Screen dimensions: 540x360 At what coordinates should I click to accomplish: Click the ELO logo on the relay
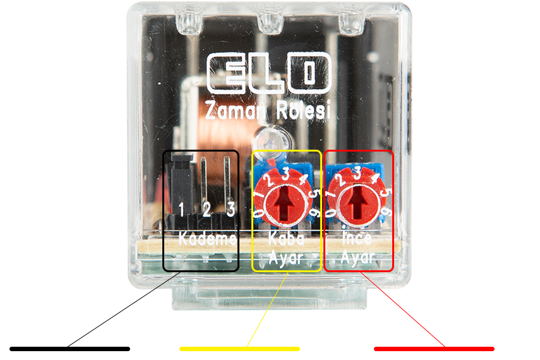coord(269,73)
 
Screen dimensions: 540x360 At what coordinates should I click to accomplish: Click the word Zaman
coord(234,110)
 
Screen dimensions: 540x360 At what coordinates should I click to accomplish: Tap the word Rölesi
coord(303,110)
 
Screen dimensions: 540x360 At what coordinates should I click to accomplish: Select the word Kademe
coord(207,238)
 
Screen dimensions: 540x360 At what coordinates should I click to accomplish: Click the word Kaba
coord(287,238)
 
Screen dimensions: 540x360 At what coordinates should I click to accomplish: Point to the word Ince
coord(357,238)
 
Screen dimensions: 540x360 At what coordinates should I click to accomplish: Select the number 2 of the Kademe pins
coord(207,209)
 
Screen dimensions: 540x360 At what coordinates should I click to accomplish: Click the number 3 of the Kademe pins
coord(231,208)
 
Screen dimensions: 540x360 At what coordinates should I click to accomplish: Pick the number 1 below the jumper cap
coord(181,209)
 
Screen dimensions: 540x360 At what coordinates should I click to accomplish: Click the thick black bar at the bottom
coord(70,349)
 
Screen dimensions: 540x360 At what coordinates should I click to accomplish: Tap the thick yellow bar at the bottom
coord(240,349)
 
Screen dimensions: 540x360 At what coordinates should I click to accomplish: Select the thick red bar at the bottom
coord(435,349)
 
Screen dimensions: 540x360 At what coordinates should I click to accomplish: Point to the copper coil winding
coord(224,114)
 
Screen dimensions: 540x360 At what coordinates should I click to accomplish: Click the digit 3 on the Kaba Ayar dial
coord(285,174)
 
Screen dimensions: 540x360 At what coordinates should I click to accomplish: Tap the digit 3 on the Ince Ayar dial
coord(359,172)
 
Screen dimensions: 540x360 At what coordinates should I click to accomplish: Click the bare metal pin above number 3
coord(227,179)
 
